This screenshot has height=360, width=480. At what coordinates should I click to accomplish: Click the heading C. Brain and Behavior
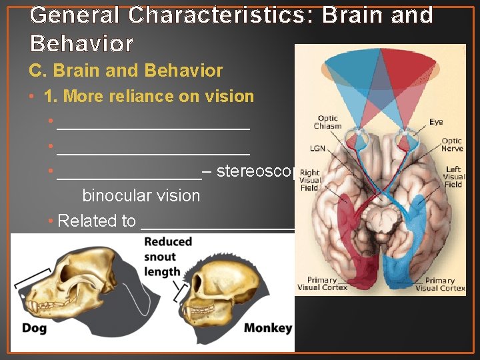(125, 70)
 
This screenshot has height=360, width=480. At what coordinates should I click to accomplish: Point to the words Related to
(97, 221)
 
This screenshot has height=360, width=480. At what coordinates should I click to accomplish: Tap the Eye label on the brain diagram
(436, 122)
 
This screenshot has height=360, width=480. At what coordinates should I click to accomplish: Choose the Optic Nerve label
(452, 145)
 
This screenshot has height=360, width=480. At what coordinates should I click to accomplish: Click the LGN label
(317, 149)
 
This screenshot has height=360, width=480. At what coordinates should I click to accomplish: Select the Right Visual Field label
(310, 179)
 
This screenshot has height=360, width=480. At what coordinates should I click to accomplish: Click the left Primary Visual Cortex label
(322, 284)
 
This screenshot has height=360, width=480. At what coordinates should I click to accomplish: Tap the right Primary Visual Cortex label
(440, 284)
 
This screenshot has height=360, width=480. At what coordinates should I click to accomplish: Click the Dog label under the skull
(35, 327)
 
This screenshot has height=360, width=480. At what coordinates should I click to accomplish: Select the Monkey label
(268, 327)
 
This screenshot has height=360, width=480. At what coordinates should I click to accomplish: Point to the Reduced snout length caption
(168, 256)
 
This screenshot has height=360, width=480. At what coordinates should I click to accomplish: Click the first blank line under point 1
(153, 125)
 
